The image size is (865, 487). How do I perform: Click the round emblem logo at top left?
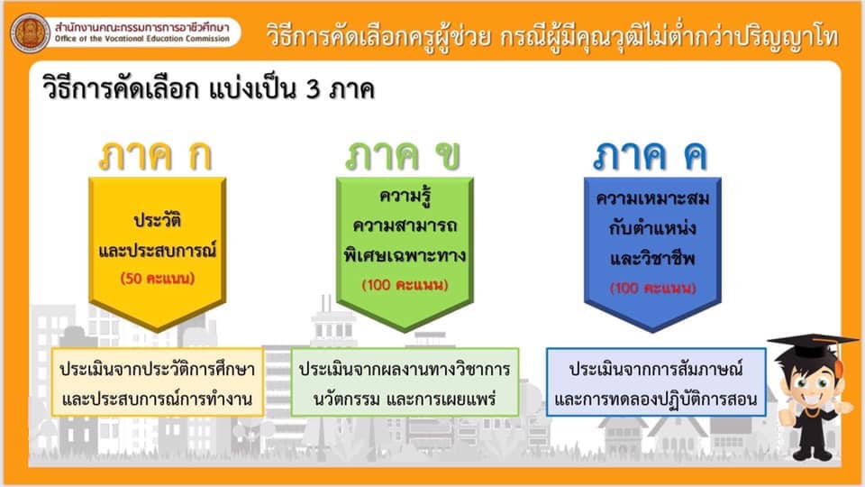point(31,32)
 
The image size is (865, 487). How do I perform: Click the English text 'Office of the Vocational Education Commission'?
point(142,39)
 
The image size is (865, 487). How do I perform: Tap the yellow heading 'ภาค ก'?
point(156,156)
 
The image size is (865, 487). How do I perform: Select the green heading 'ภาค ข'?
point(403,156)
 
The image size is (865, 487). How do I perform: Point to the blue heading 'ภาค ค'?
point(651,156)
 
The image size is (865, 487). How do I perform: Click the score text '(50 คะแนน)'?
point(158,279)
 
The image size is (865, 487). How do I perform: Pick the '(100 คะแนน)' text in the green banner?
point(405,285)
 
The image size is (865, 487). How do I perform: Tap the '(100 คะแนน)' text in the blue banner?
point(652,288)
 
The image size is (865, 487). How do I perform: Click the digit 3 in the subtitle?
point(314,89)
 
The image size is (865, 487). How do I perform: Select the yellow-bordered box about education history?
point(158,382)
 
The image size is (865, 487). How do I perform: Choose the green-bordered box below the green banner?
point(405,382)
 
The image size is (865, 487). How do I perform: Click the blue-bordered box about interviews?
point(656,382)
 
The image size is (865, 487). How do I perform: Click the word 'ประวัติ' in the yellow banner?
point(158,220)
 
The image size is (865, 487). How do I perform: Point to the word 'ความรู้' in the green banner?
point(405,196)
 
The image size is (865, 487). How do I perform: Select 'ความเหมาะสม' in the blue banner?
point(652,198)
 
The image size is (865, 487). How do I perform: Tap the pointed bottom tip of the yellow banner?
point(157,332)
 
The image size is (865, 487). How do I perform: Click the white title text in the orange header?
point(552,36)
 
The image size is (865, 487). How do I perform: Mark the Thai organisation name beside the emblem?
point(141,26)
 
